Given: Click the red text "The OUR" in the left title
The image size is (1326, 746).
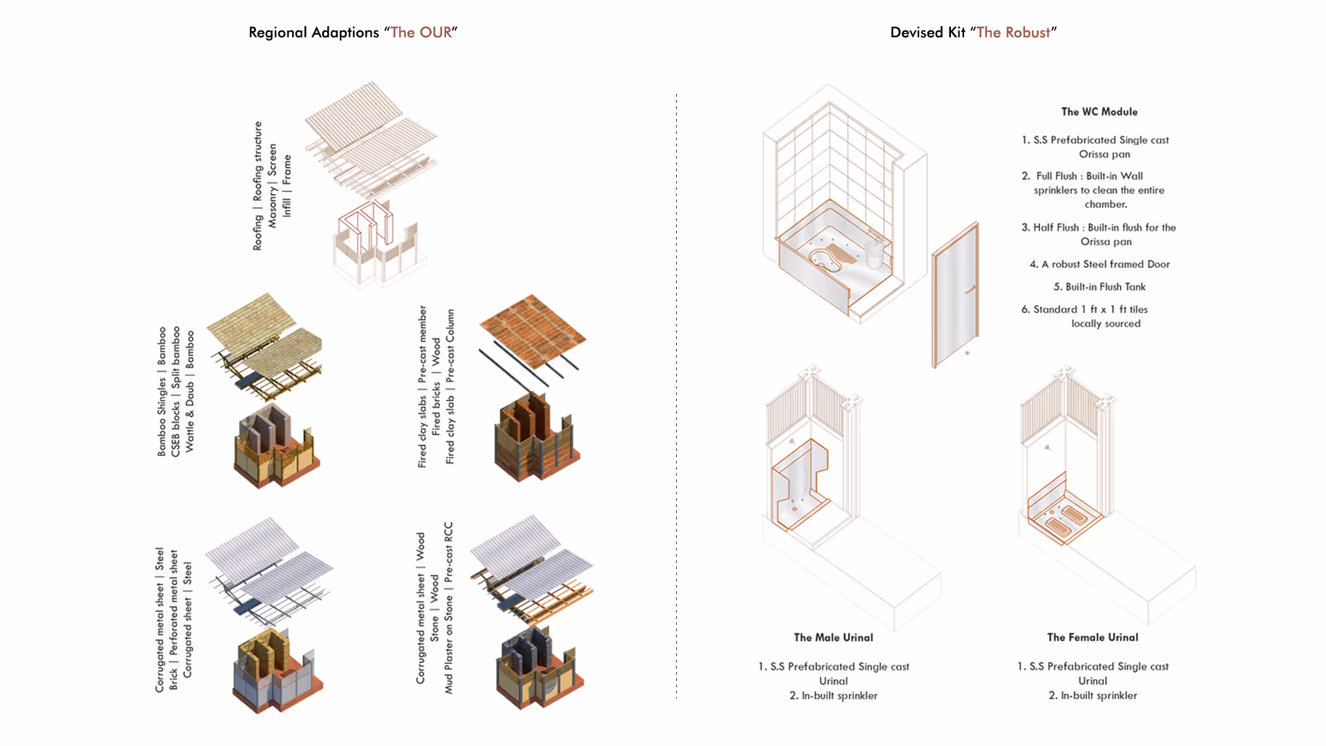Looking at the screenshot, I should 421,32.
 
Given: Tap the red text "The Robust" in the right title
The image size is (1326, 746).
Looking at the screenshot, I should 1013,32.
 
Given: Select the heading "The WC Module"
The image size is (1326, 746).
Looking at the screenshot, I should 1099,112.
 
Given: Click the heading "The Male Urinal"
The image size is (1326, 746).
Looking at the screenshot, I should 833,638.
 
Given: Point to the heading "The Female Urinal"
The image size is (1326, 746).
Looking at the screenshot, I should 1093,638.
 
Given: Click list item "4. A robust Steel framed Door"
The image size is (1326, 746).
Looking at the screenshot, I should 1099,264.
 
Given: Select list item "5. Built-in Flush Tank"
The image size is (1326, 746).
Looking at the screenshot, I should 1099,287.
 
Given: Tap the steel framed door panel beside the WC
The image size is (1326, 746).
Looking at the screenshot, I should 955,297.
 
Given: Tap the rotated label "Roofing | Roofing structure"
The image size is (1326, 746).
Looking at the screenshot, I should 258,186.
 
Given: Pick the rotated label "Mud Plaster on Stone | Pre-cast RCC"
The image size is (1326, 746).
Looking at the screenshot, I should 448,608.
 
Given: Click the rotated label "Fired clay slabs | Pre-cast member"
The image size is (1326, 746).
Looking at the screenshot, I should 422,387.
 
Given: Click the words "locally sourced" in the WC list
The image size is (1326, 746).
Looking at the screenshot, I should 1106,323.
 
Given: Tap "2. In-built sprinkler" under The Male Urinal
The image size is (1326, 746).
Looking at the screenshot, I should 833,696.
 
